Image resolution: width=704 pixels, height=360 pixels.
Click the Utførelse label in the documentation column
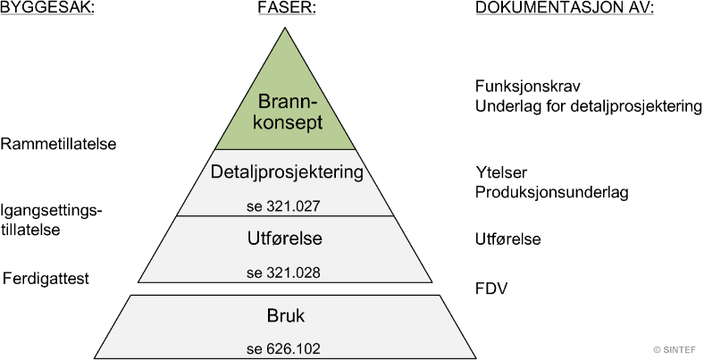(507, 239)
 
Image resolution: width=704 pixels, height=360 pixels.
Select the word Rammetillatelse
(59, 143)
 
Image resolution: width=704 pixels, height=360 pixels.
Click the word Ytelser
(499, 173)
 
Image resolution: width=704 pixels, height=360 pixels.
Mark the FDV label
(490, 289)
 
